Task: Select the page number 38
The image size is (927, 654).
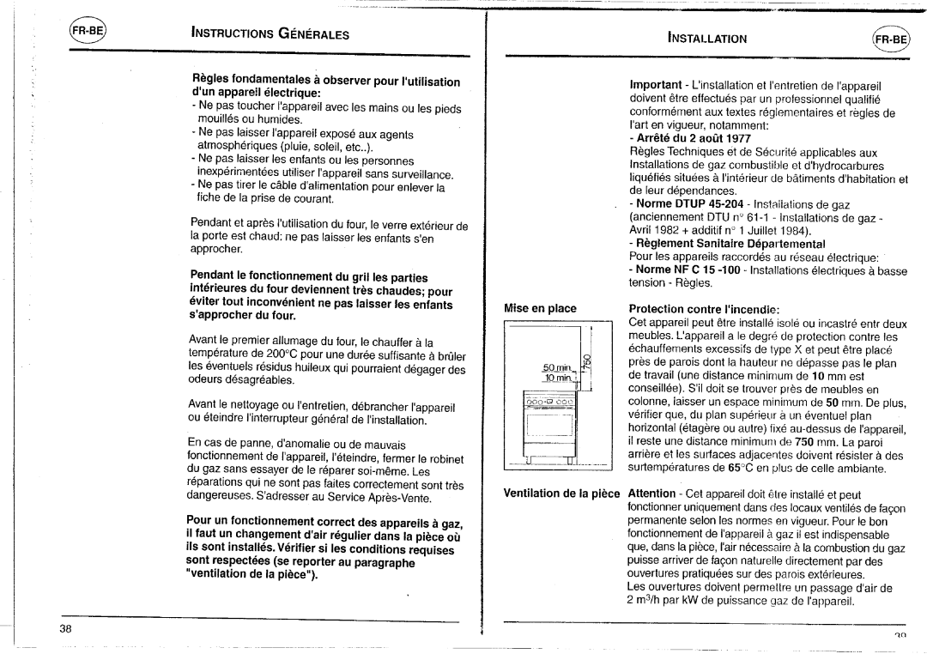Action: coord(65,628)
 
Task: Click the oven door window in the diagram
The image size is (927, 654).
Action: coord(548,423)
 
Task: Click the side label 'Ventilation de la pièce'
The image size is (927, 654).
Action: coord(563,494)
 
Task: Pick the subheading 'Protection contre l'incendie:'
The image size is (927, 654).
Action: coord(703,309)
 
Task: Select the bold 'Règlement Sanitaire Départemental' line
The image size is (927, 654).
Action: coord(730,244)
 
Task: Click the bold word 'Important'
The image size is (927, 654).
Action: coord(657,86)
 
